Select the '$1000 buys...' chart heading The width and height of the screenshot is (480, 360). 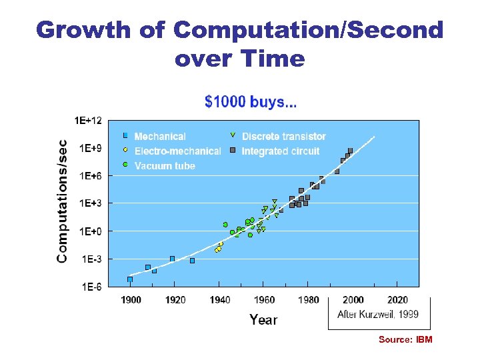[251, 102]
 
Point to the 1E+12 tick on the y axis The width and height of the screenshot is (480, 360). [88, 121]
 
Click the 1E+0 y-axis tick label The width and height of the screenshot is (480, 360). [91, 231]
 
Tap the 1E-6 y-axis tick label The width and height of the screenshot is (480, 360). [91, 287]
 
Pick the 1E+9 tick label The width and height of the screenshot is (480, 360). [91, 149]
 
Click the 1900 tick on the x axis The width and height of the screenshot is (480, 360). [131, 300]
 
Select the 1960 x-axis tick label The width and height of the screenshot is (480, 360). [264, 300]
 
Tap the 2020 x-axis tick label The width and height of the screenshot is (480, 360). [397, 300]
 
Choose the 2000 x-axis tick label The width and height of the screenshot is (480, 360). [353, 300]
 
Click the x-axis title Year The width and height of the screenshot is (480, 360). [263, 320]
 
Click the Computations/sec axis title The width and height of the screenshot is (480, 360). [62, 200]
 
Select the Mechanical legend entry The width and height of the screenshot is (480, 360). [160, 137]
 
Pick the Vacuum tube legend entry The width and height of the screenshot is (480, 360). [165, 165]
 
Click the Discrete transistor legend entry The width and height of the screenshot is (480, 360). [283, 137]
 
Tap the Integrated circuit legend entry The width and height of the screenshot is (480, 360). [280, 151]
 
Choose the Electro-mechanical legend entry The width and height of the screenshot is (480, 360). [177, 151]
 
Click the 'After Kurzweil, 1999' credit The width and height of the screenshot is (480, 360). [378, 314]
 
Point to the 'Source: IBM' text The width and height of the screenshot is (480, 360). [405, 340]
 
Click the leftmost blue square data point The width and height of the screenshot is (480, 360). [130, 279]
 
